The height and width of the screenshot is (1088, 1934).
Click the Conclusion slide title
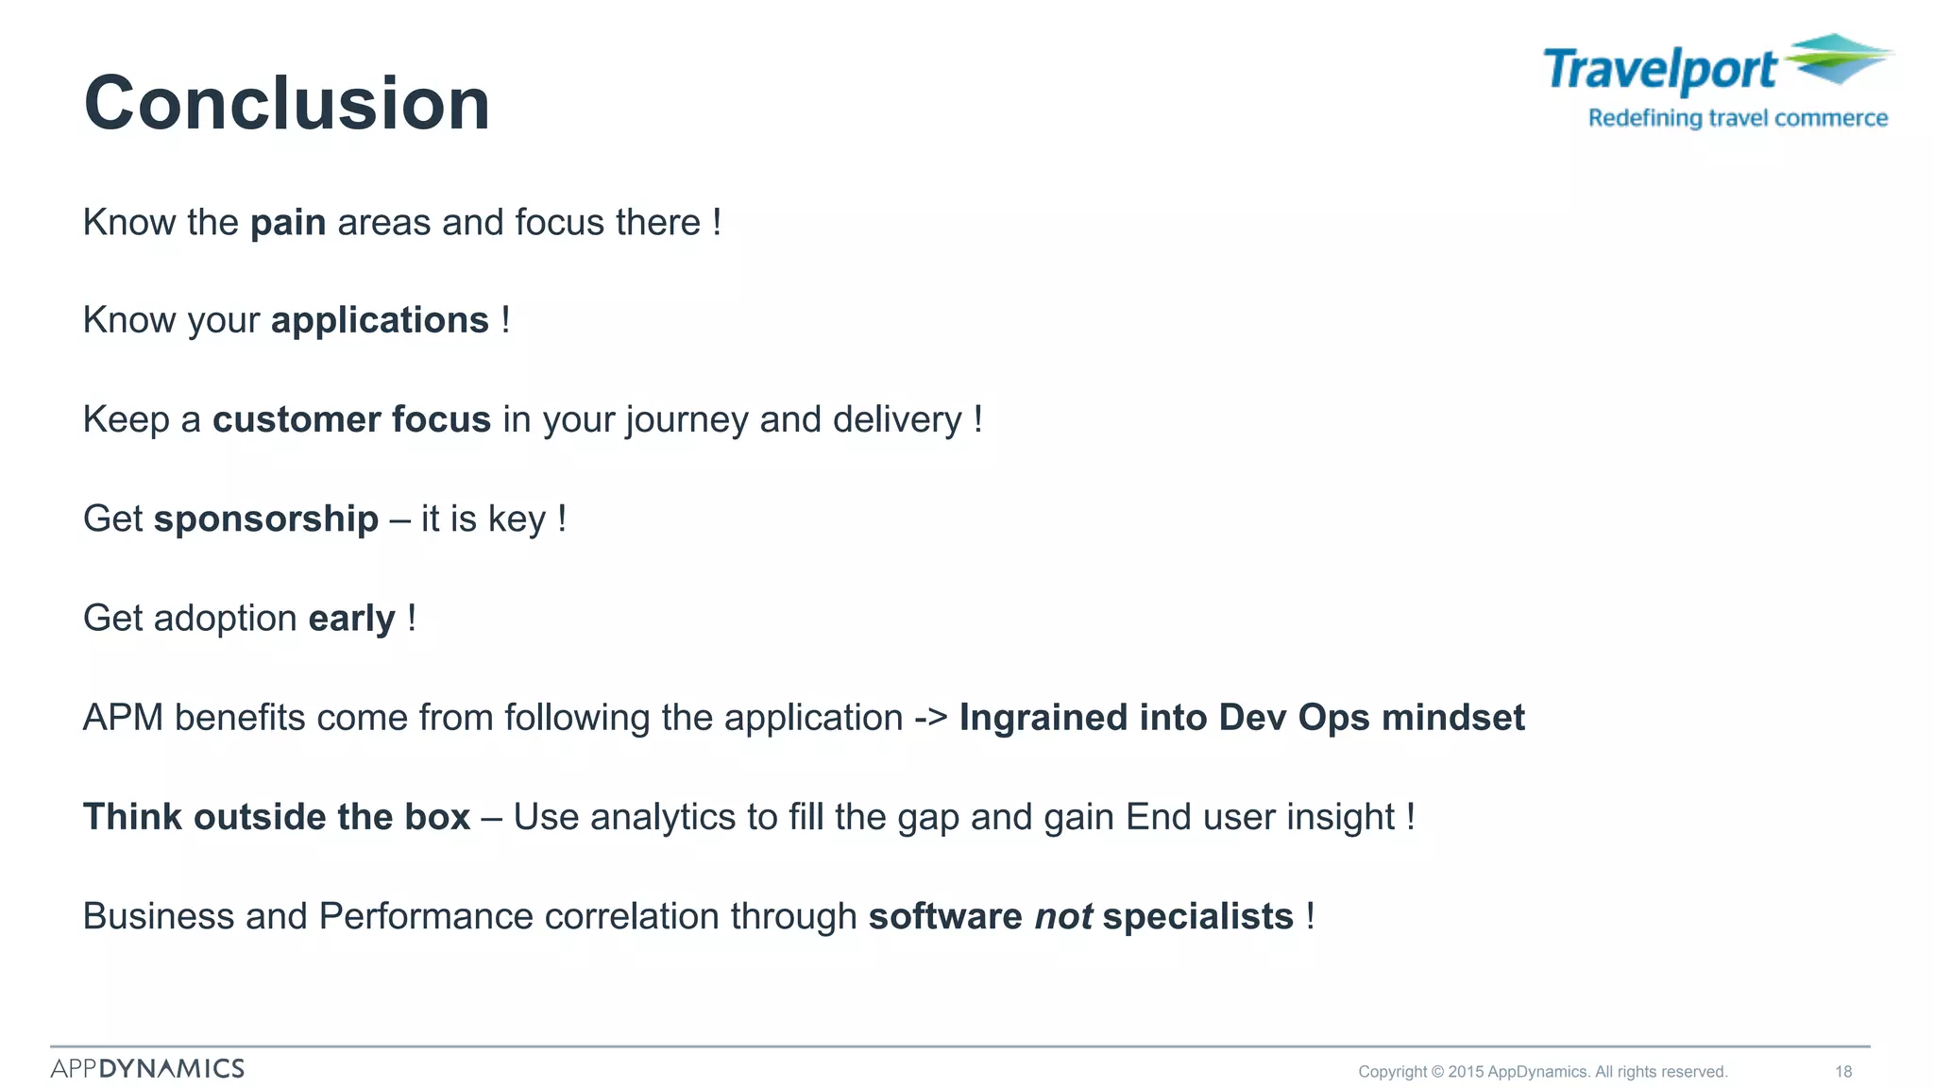[x=287, y=103]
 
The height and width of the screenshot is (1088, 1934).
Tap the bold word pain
[x=288, y=223]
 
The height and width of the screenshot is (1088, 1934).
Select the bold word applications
[x=380, y=321]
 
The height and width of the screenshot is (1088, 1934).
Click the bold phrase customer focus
[x=351, y=419]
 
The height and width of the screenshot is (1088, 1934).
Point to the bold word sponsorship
[x=265, y=518]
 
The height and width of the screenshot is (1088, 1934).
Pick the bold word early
[x=351, y=619]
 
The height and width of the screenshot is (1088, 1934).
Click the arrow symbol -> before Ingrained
[x=930, y=718]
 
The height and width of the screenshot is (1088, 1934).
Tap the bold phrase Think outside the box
[x=277, y=817]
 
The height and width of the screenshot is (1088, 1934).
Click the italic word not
[x=1063, y=916]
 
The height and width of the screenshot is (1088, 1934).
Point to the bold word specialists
[x=1197, y=916]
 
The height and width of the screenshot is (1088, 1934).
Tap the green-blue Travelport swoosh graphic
[x=1837, y=59]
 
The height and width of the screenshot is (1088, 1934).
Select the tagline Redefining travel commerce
[x=1738, y=118]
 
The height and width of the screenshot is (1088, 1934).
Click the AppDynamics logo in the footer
[x=147, y=1068]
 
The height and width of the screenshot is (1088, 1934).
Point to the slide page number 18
[x=1843, y=1071]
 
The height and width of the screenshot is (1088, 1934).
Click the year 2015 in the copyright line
[x=1466, y=1071]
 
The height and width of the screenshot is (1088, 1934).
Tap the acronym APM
[x=123, y=718]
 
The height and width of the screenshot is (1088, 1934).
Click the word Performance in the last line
[x=426, y=916]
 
